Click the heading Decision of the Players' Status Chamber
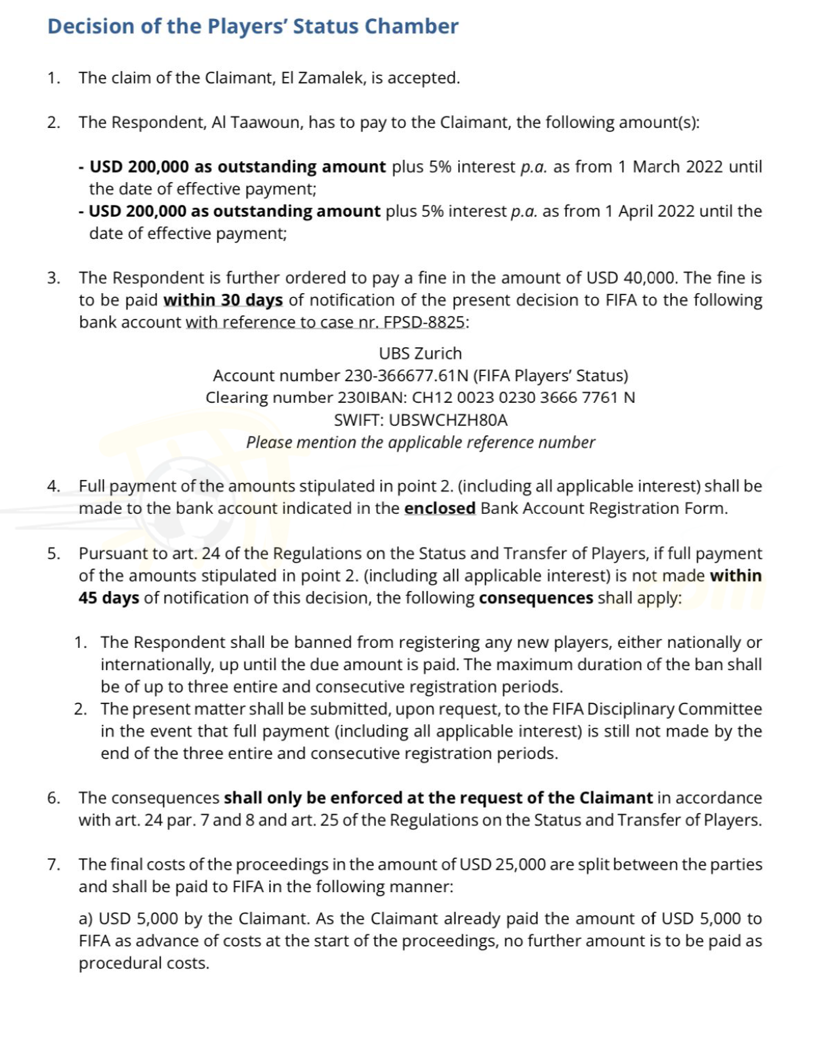click(253, 26)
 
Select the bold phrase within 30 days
click(223, 300)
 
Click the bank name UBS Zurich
click(420, 353)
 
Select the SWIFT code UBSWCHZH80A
click(449, 420)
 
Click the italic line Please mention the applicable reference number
click(420, 443)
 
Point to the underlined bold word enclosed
click(440, 508)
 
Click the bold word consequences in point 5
click(536, 598)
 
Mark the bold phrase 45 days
click(109, 598)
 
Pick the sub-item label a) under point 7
click(86, 919)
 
